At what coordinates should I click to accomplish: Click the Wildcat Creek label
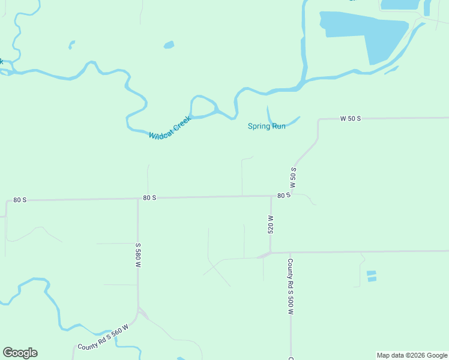[x=170, y=128]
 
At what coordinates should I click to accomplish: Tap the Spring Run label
[x=267, y=127]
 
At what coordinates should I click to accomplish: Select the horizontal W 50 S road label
[x=350, y=119]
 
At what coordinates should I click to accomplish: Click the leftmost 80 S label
[x=20, y=199]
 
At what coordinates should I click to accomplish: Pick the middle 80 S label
[x=149, y=197]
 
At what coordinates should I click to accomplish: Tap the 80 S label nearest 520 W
[x=284, y=196]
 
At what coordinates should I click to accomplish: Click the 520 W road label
[x=271, y=224]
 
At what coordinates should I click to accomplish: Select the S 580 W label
[x=138, y=255]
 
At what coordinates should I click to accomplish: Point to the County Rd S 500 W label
[x=291, y=287]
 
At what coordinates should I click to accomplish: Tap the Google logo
[x=20, y=353]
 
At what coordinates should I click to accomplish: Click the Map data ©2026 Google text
[x=412, y=355]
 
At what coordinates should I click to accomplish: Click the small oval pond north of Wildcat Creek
[x=169, y=44]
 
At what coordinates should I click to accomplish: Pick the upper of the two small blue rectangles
[x=371, y=273]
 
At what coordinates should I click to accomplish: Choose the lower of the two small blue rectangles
[x=372, y=279]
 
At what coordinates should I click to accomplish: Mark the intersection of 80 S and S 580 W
[x=138, y=198]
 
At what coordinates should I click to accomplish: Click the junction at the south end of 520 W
[x=270, y=253]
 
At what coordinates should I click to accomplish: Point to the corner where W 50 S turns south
[x=319, y=120]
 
